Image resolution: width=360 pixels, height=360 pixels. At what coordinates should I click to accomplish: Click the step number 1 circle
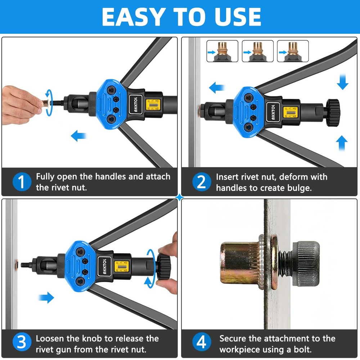click(x=22, y=182)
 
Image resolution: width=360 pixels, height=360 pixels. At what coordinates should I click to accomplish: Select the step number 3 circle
click(x=22, y=344)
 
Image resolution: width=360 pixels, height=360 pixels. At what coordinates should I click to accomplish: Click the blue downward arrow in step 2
click(x=342, y=82)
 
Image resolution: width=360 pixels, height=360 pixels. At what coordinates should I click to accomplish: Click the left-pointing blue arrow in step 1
click(x=79, y=136)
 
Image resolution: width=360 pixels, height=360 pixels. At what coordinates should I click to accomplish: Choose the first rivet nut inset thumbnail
click(x=222, y=51)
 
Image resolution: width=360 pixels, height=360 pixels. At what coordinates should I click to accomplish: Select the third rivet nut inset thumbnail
click(x=293, y=51)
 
